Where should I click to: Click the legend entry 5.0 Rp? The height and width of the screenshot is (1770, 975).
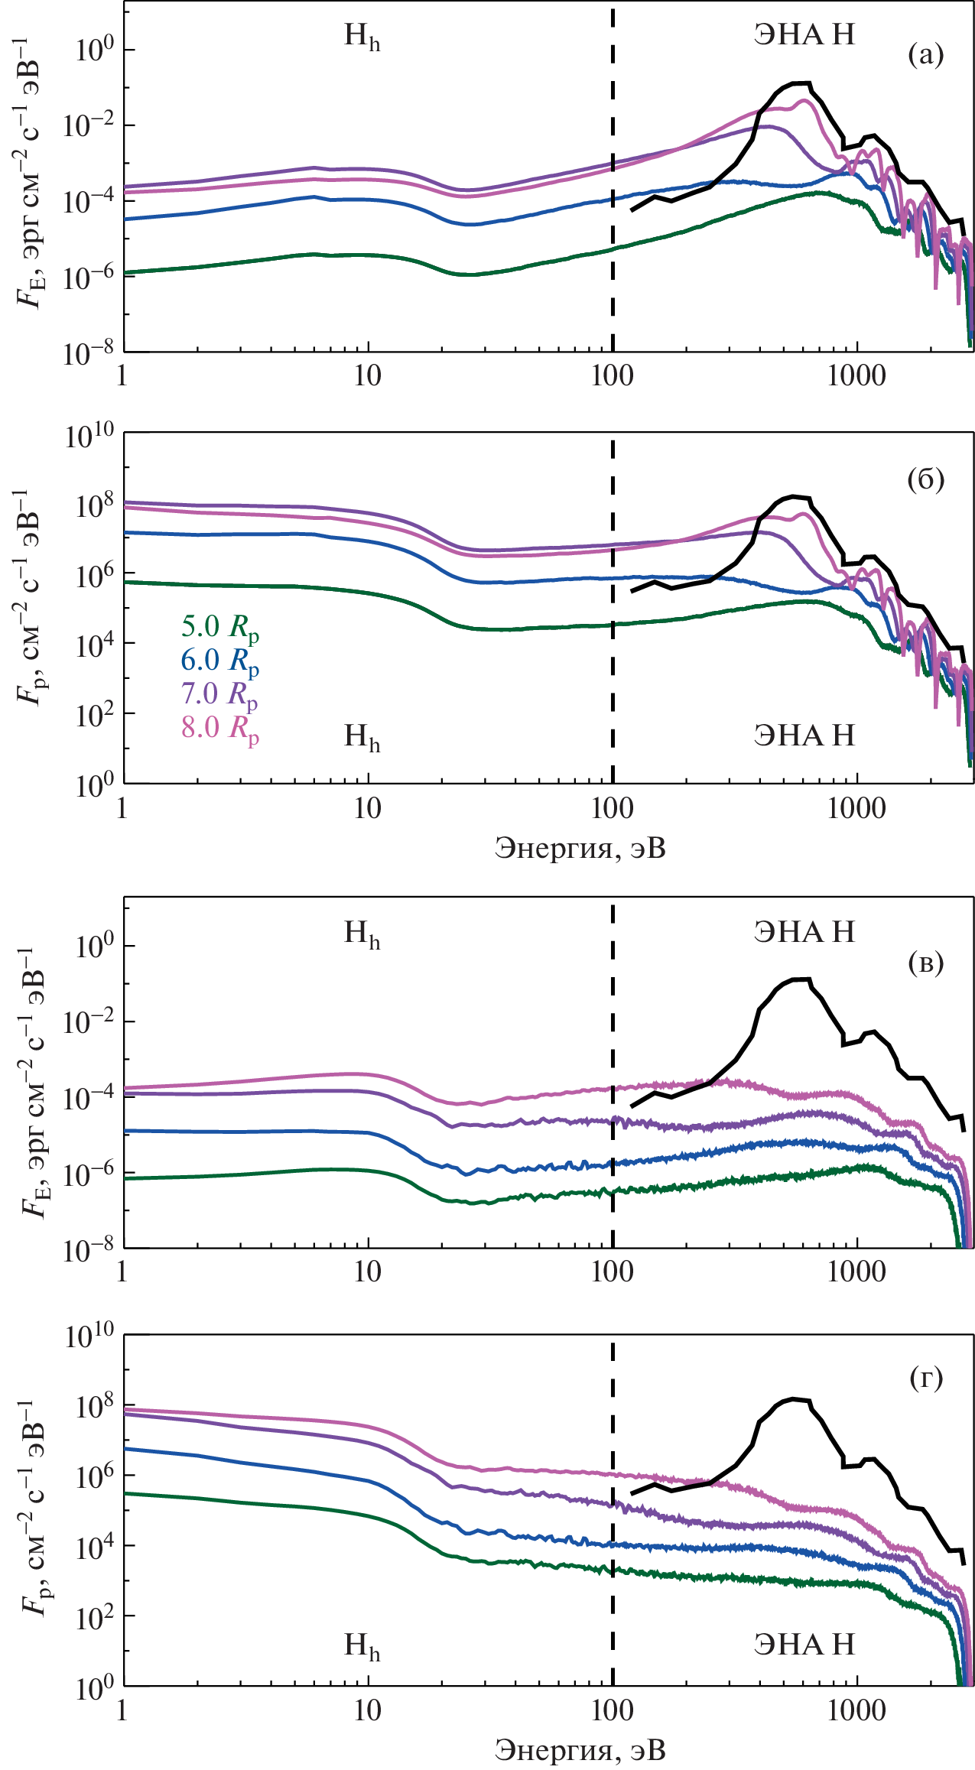tap(219, 628)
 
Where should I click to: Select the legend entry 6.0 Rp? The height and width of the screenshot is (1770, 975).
tap(219, 661)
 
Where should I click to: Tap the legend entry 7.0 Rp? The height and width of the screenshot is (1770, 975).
tap(219, 694)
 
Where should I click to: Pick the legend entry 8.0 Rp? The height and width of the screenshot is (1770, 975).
tap(219, 728)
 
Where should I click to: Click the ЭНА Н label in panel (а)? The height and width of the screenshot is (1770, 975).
tap(804, 34)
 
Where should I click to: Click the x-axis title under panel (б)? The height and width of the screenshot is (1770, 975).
tap(580, 848)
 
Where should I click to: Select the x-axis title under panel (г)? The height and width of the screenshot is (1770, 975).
tap(580, 1750)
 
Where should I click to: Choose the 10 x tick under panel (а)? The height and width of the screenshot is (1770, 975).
tap(368, 376)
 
